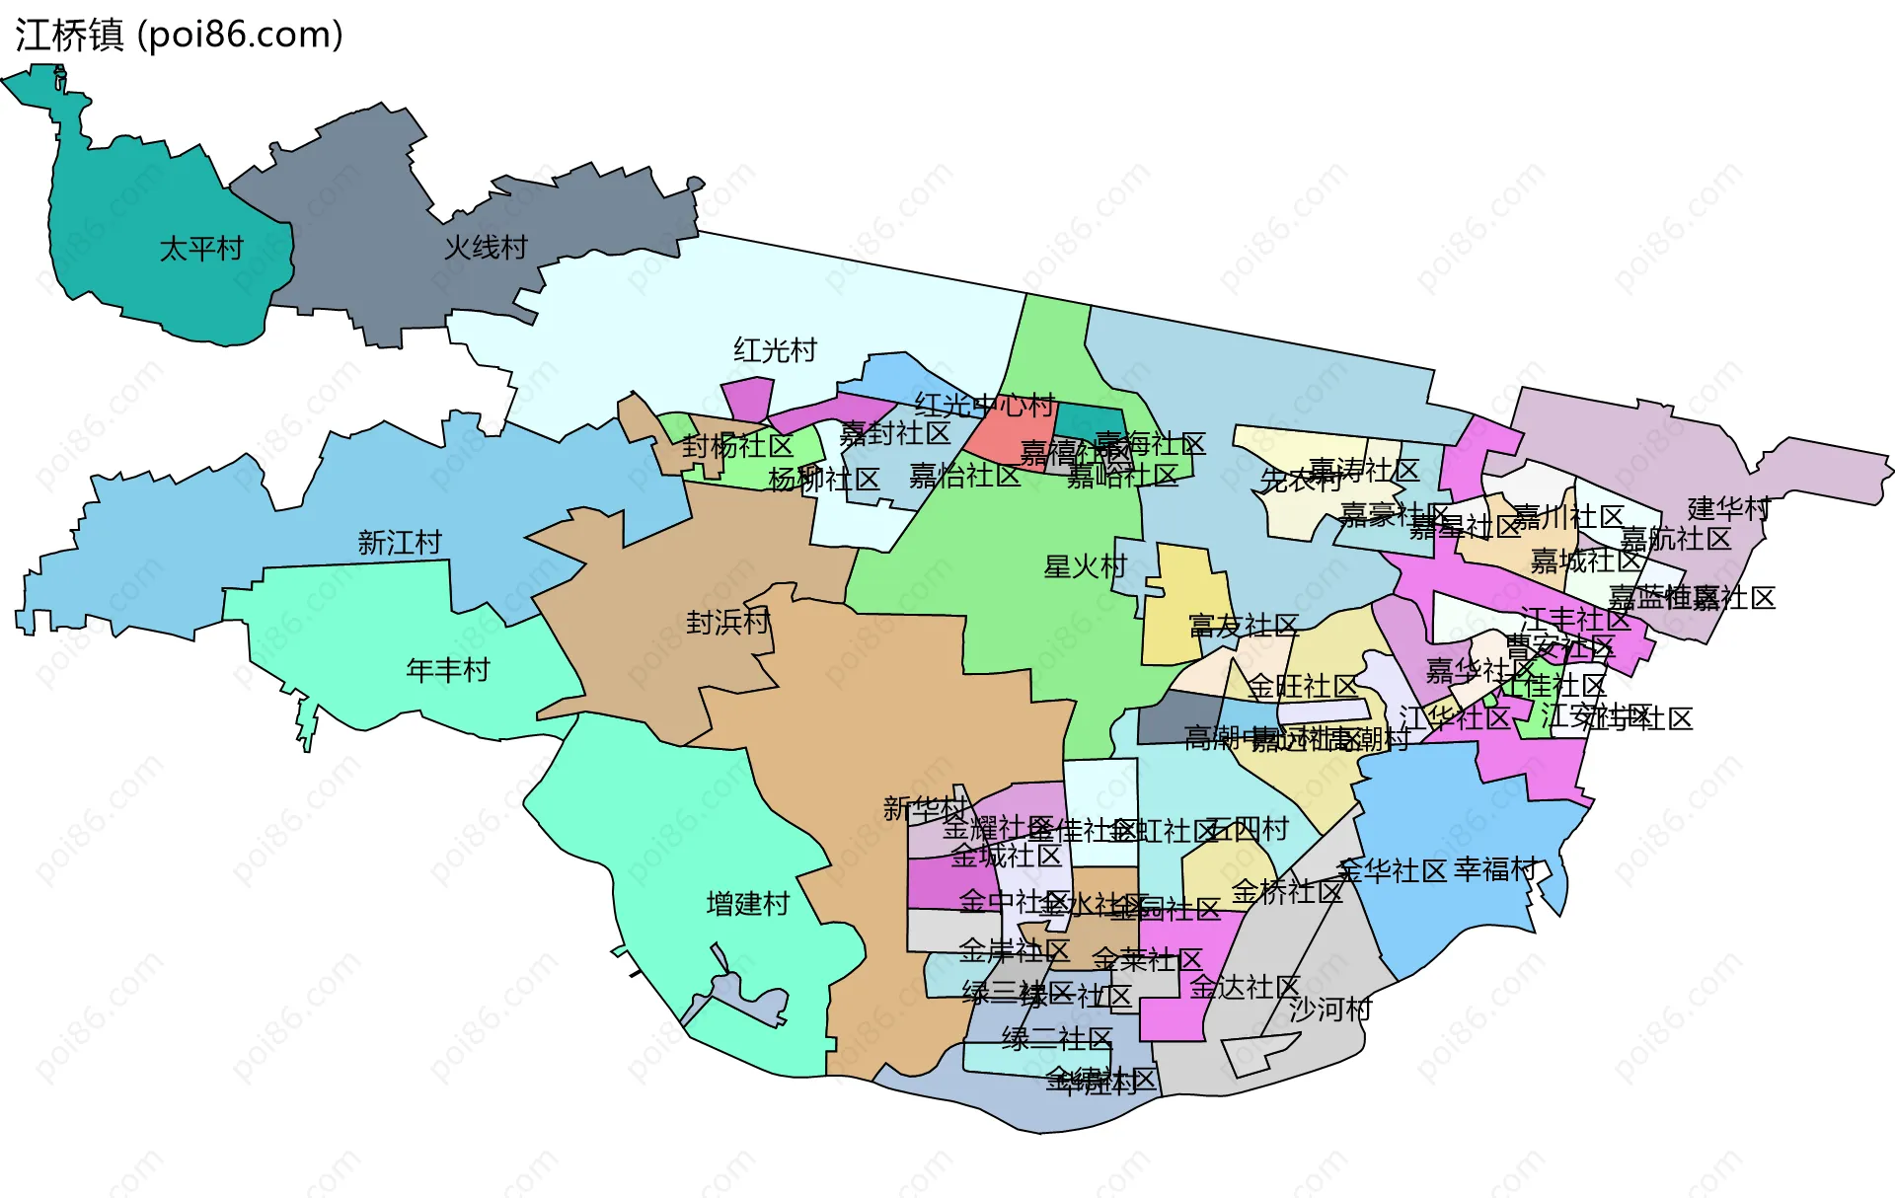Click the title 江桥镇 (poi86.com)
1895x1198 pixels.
coord(179,36)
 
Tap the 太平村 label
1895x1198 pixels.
coord(201,249)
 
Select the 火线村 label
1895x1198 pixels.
coord(486,248)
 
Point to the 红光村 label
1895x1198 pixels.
coord(775,350)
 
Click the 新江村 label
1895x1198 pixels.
coord(400,543)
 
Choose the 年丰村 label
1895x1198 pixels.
coord(448,671)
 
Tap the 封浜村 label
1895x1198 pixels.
coord(727,623)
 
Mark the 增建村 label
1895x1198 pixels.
coord(748,904)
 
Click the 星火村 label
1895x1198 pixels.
coord(1085,566)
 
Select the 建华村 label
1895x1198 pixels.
coord(1728,509)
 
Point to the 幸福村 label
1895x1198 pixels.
coord(1495,869)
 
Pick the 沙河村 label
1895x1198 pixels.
coord(1330,1010)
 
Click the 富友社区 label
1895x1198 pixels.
coord(1244,626)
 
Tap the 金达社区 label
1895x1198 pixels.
coord(1245,987)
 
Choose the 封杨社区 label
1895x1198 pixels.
coord(737,446)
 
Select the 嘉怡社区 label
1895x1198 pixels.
coord(964,477)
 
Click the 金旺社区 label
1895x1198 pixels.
coord(1303,686)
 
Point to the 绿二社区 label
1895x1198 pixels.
coord(1057,1038)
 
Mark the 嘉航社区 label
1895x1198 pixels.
coord(1676,539)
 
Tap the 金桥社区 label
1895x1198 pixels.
coord(1287,892)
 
